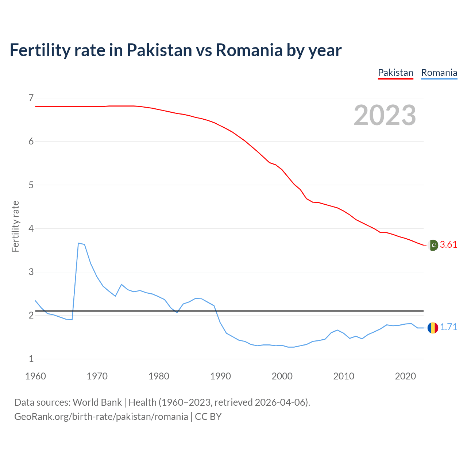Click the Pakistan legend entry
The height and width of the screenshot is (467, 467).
(395, 73)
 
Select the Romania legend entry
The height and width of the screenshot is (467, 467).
(439, 73)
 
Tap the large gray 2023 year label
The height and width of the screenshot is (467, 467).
(385, 115)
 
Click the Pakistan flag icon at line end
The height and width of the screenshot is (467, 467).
(433, 245)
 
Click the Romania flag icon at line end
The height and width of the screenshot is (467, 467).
(433, 328)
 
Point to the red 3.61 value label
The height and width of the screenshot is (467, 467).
(448, 245)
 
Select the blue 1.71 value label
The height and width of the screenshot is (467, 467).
(448, 327)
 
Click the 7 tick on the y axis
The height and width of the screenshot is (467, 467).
(31, 98)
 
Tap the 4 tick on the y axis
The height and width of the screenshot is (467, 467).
(31, 228)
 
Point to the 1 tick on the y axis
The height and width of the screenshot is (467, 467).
(31, 359)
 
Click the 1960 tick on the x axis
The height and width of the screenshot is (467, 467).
(35, 376)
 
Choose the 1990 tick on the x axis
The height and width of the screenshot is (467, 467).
(220, 376)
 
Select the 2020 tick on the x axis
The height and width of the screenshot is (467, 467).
(405, 376)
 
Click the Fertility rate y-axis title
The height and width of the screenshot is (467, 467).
(15, 226)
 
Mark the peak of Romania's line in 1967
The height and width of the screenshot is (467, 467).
(78, 243)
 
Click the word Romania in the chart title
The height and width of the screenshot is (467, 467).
(249, 50)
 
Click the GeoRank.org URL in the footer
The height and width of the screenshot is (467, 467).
(101, 417)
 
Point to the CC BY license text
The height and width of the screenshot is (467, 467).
(208, 417)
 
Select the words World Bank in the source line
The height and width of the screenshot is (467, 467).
(97, 402)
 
